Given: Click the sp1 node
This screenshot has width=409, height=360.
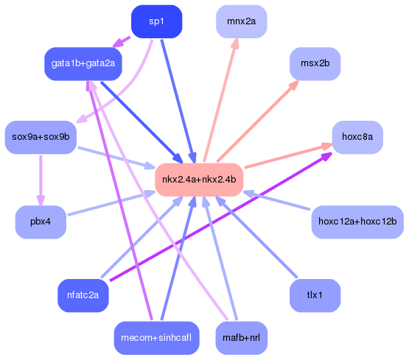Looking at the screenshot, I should pos(156,21).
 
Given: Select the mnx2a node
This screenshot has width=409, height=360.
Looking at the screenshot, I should pos(241,21).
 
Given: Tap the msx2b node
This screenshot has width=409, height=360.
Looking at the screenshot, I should pos(315,63).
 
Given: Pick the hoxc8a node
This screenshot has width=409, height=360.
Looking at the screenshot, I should pos(357,136).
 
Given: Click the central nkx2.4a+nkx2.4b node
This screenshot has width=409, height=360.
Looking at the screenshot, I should pos(199,180).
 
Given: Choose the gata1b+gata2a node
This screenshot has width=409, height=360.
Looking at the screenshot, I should pos(83,63).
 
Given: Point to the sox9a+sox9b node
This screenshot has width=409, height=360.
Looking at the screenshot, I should pos(41,136).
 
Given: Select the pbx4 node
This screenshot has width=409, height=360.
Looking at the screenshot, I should pos(41,222).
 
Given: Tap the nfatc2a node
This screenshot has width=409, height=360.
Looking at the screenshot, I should pos(83,295).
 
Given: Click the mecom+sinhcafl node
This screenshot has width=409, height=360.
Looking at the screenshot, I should pos(156,338).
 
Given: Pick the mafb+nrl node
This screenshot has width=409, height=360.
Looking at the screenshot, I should pos(241,338).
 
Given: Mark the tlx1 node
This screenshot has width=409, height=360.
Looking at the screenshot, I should pos(315,295).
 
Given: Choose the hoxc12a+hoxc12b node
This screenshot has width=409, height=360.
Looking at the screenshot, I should pos(357,222).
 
